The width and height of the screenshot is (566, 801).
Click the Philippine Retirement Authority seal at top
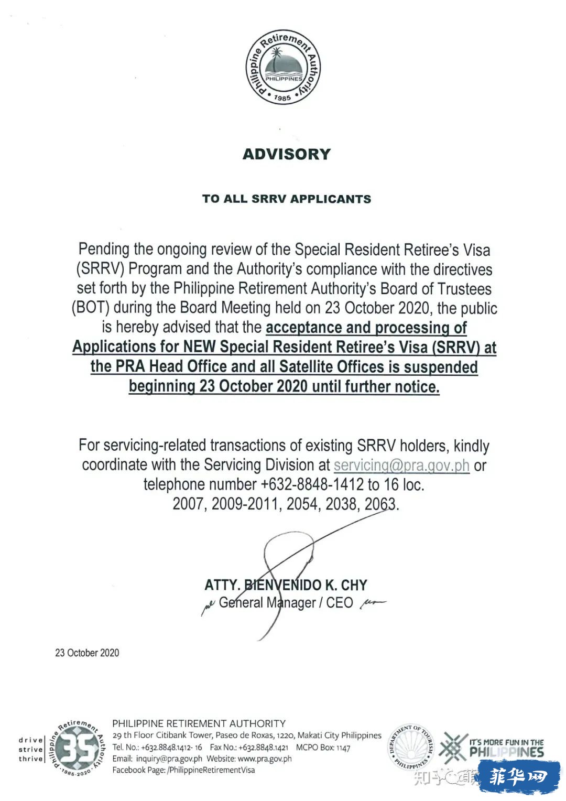tap(283, 67)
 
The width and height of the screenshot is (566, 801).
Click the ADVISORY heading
tap(287, 154)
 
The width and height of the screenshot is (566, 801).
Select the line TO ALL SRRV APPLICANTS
tap(287, 199)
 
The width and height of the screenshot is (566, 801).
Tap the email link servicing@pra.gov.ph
tap(401, 465)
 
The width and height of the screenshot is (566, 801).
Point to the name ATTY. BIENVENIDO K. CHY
tap(286, 585)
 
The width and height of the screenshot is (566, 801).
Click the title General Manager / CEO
tap(286, 603)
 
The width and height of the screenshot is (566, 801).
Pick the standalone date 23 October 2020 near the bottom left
tap(87, 653)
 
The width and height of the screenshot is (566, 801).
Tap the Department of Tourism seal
tap(412, 747)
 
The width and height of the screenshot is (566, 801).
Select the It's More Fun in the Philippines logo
tap(492, 748)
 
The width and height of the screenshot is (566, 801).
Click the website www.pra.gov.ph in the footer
tap(265, 759)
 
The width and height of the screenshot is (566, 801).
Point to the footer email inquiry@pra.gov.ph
tap(169, 759)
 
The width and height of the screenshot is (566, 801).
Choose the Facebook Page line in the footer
tap(183, 770)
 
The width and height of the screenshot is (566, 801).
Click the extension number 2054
tap(302, 504)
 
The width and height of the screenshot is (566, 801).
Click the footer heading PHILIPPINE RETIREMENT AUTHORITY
tap(199, 724)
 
